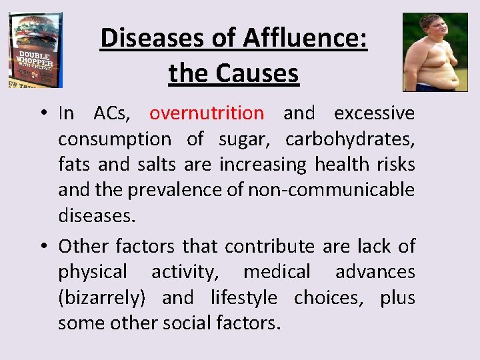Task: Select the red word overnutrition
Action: [x=207, y=113]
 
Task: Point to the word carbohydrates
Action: [x=350, y=139]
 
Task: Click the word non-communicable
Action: [x=331, y=190]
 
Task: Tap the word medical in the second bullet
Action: [x=277, y=272]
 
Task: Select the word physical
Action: [x=92, y=272]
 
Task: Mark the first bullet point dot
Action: [x=41, y=113]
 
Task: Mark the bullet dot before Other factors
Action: [x=41, y=246]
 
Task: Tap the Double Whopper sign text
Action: [x=35, y=59]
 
